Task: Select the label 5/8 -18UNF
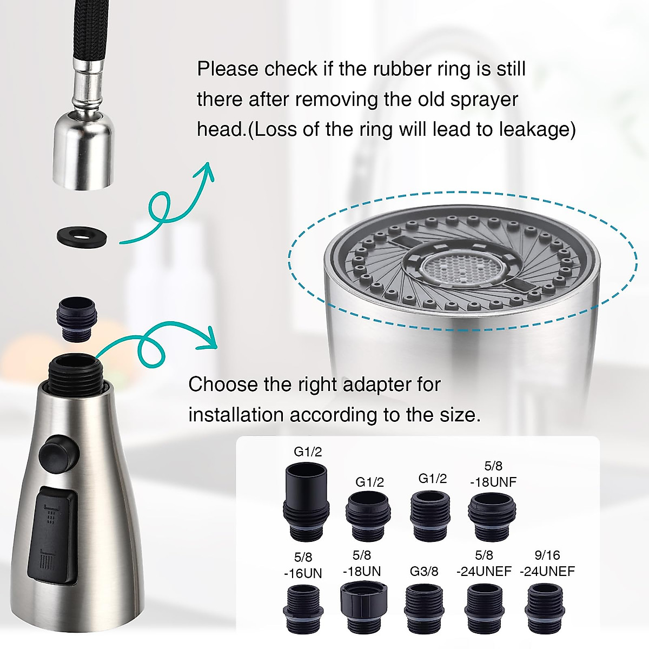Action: pyautogui.click(x=493, y=474)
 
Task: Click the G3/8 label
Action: pyautogui.click(x=424, y=571)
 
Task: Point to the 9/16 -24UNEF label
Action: pyautogui.click(x=547, y=563)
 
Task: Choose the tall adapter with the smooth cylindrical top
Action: pyautogui.click(x=307, y=500)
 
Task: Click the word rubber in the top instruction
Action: pyautogui.click(x=405, y=69)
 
